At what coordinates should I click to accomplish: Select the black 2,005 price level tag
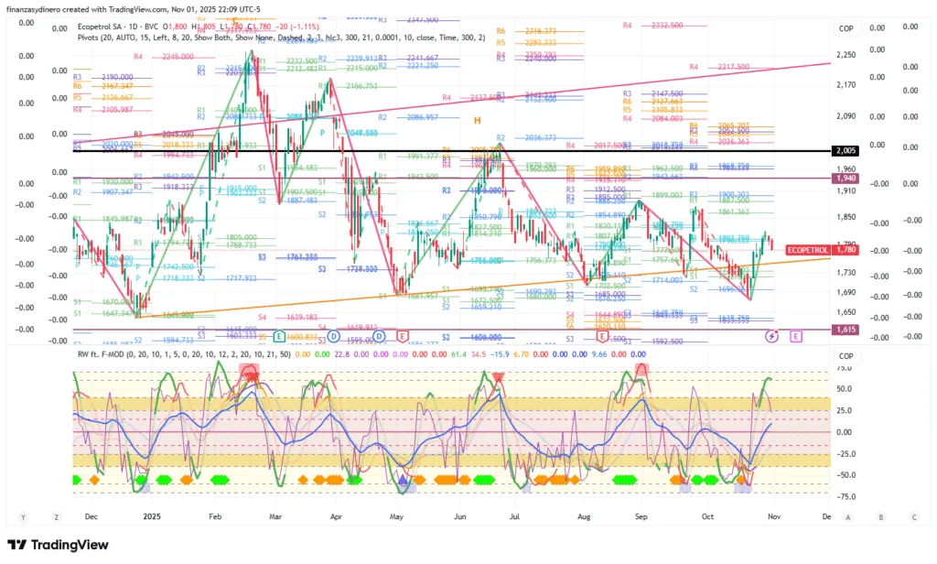[x=845, y=150]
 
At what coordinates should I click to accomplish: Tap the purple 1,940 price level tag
[x=845, y=178]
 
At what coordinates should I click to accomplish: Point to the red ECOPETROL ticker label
[x=808, y=250]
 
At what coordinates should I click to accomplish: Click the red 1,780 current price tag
[x=846, y=250]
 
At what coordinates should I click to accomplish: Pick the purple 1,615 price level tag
[x=845, y=329]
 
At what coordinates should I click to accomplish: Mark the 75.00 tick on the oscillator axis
[x=845, y=369]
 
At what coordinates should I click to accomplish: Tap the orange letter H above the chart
[x=477, y=121]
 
